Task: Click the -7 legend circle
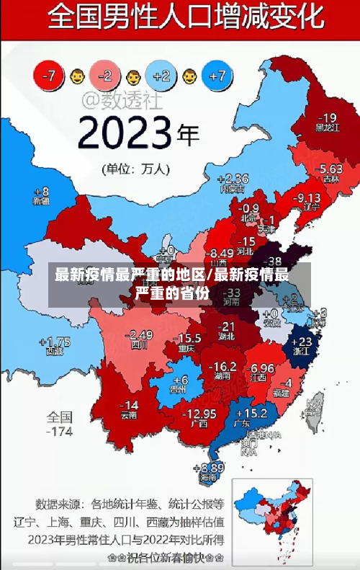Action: [x=50, y=75]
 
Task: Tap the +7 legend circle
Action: [x=218, y=75]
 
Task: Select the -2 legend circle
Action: [x=105, y=75]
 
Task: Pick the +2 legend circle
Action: [x=161, y=75]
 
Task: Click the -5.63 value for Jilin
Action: [x=330, y=169]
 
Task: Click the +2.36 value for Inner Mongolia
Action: [x=233, y=179]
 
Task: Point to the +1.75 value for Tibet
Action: [x=55, y=342]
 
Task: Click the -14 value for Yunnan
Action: [x=129, y=405]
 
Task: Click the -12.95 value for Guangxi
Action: [x=199, y=414]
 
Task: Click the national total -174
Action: [x=59, y=432]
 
